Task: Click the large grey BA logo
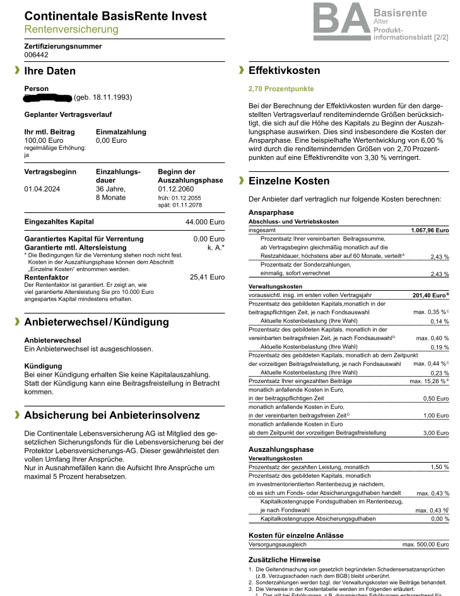(x=341, y=21)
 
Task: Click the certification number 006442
(x=36, y=55)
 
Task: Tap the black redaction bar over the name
(x=47, y=97)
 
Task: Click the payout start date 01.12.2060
(x=177, y=188)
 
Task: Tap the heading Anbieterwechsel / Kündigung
(x=97, y=322)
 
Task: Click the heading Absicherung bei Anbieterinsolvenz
(x=112, y=415)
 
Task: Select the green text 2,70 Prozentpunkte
(x=281, y=89)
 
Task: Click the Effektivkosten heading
(x=284, y=71)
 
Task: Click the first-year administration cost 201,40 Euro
(x=428, y=295)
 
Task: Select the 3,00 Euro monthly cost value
(x=435, y=433)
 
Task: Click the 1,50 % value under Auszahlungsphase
(x=439, y=467)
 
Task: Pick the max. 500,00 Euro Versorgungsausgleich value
(x=425, y=544)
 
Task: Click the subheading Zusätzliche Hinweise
(x=285, y=560)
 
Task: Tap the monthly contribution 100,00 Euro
(x=44, y=140)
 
